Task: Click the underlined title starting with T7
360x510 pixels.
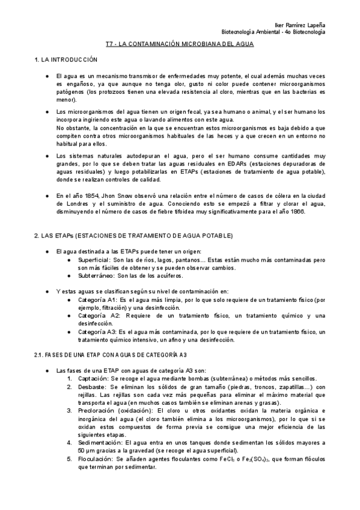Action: point(180,44)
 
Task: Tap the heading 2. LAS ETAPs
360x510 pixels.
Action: point(124,235)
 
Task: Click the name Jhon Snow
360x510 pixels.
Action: point(120,195)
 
